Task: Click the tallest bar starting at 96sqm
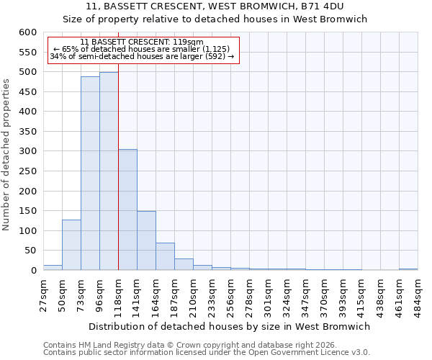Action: tap(109, 171)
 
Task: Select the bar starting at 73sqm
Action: tap(90, 174)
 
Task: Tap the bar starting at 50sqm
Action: tap(71, 245)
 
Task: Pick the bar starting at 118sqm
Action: tap(127, 210)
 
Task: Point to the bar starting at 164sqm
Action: tap(165, 256)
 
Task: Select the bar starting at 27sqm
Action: tap(53, 267)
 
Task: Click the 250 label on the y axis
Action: tap(27, 171)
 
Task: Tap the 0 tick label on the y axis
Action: tap(32, 271)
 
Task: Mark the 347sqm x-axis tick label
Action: tap(306, 296)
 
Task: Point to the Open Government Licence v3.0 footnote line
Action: tap(207, 352)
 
